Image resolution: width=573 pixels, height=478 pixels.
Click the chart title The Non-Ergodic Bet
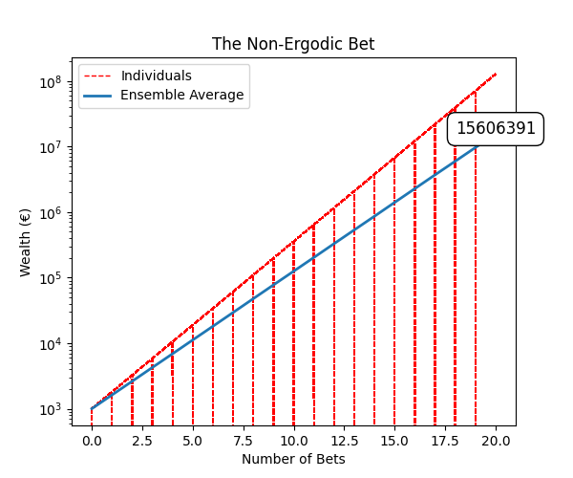[x=292, y=44]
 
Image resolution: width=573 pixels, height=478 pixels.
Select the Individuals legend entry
[x=156, y=76]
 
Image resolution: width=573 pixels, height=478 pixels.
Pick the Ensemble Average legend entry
[x=181, y=95]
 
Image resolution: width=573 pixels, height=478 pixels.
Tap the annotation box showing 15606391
[x=496, y=128]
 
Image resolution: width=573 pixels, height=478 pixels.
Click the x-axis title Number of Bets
[x=293, y=459]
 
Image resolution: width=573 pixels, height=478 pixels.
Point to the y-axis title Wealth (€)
[x=26, y=242]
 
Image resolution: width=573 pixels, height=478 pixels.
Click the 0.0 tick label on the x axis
[x=92, y=441]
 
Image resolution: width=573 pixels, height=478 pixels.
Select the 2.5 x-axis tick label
[x=142, y=441]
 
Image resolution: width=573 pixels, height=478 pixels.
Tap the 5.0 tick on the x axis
[x=193, y=441]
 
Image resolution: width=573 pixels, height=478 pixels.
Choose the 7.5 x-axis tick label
[x=244, y=441]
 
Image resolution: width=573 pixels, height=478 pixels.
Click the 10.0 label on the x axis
[x=294, y=441]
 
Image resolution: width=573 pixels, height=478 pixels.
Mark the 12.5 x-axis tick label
[x=345, y=441]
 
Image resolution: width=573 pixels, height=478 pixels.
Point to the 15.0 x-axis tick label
[x=395, y=441]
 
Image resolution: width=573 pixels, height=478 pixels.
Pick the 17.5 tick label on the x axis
[x=446, y=441]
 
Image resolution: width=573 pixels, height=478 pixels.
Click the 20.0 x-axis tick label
[x=497, y=441]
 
